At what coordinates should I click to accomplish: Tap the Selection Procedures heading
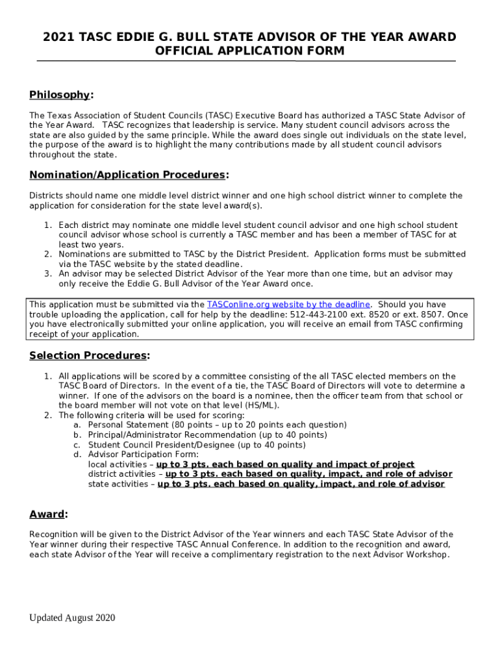pos(89,355)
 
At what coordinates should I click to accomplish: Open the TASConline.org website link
pos(288,305)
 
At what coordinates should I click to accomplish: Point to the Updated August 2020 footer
pos(71,618)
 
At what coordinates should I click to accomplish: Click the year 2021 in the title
pos(56,37)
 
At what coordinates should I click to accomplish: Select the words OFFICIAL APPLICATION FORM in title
pos(249,51)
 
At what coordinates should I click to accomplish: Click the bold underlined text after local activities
pos(285,464)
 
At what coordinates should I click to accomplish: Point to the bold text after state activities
pos(301,484)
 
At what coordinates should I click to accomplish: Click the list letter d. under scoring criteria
pos(77,455)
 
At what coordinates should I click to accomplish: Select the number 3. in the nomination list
pos(48,274)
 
